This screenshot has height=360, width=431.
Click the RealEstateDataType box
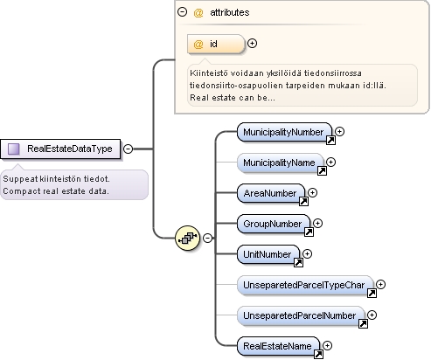60,149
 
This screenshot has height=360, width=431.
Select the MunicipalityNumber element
284,132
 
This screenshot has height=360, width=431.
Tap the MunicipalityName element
281,163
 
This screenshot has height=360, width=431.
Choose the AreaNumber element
271,193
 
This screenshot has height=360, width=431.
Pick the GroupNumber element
274,224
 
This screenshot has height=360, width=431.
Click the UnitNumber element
268,254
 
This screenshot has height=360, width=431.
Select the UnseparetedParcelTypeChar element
305,285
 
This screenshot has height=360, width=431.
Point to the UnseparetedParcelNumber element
301,315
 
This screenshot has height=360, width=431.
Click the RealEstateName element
278,346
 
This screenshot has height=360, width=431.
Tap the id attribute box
216,44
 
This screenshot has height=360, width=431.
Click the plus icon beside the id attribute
252,44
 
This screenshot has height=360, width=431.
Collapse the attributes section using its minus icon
182,12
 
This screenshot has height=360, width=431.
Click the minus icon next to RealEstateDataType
128,149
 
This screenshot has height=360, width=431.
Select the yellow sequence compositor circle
188,238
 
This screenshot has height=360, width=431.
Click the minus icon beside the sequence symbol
207,238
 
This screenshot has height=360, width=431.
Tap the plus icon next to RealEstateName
327,345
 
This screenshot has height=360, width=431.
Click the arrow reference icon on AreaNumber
303,201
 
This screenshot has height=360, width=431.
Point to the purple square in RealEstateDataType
13,149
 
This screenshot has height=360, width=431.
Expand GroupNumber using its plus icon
317,223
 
